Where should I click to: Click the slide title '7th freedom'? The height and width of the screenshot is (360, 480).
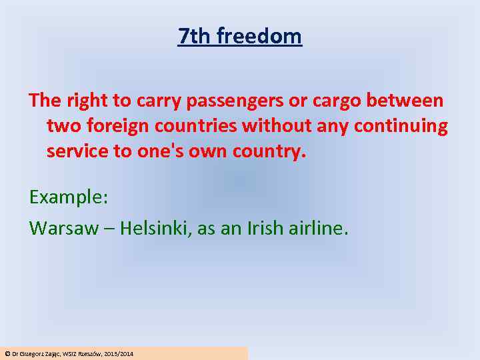coord(240,36)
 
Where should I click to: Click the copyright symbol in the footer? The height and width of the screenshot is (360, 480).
coord(7,353)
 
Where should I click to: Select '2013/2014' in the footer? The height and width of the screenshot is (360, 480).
coord(119,353)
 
